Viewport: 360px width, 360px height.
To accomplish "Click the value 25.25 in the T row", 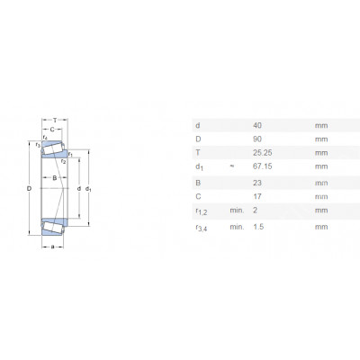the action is (263, 153).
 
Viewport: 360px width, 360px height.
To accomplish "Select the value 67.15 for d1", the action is (263, 166).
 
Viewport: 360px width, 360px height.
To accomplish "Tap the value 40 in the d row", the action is (257, 125).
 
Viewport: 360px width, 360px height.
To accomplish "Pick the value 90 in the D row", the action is (257, 139).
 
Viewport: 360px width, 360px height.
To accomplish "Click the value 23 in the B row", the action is (257, 183).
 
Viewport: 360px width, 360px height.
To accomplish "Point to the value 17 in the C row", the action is (257, 196).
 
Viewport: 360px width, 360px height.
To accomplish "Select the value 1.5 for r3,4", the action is (258, 227).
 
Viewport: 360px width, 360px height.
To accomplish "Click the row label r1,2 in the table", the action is (202, 211).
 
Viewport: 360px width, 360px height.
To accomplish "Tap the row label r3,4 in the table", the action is (202, 228).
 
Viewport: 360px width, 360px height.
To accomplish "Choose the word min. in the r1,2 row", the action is (237, 210).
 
